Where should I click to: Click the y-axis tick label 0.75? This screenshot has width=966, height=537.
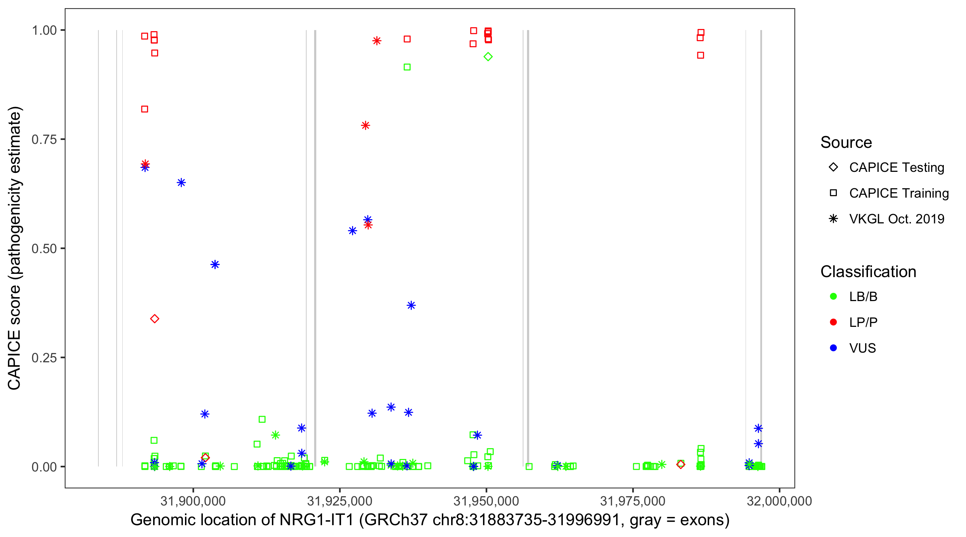click(x=44, y=140)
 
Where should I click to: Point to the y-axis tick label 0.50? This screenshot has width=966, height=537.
click(x=44, y=248)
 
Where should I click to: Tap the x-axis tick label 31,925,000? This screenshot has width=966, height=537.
click(x=340, y=501)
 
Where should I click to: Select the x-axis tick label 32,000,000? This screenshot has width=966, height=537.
click(x=779, y=501)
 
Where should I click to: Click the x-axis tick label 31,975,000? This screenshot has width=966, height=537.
click(x=633, y=501)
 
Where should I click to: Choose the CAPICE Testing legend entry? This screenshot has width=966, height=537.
click(x=896, y=168)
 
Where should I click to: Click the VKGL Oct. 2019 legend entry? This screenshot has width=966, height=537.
click(x=896, y=219)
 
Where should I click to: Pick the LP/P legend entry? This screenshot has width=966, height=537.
click(x=863, y=322)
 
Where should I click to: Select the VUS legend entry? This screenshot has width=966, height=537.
click(x=862, y=348)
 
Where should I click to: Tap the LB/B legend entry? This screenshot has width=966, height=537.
click(x=863, y=296)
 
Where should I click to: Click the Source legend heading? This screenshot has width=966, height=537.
click(x=846, y=142)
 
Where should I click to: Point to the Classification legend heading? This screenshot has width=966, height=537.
click(x=868, y=272)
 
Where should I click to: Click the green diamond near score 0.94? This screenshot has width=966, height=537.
click(x=488, y=57)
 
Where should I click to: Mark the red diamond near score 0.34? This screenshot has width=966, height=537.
click(x=155, y=319)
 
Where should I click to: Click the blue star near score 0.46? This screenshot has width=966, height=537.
click(x=215, y=265)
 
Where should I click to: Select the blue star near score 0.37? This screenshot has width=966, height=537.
click(x=411, y=305)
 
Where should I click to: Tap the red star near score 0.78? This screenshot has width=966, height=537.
click(x=366, y=125)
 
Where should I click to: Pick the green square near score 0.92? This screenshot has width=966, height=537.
click(x=407, y=67)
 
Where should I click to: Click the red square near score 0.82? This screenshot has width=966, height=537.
click(x=145, y=109)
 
